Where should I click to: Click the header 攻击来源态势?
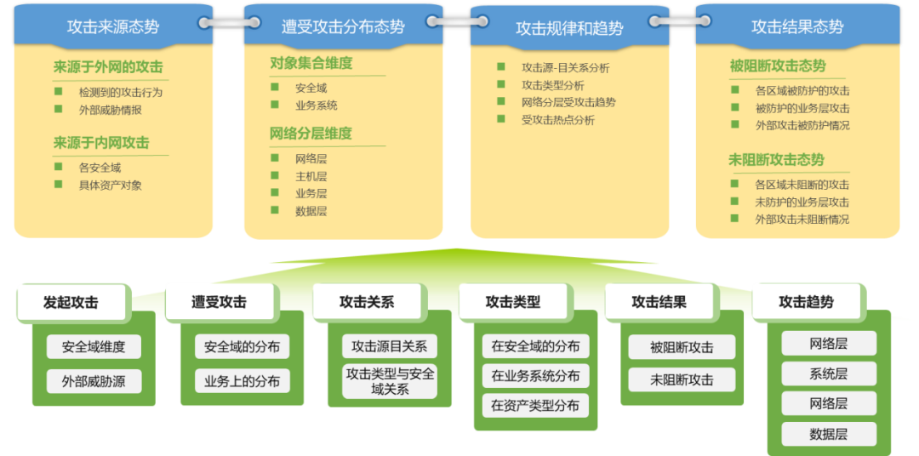coord(112,26)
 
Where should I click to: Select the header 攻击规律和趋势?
coord(569,28)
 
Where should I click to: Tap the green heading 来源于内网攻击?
coord(101,143)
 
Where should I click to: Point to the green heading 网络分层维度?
coord(311,134)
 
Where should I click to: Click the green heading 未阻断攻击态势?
coord(776,160)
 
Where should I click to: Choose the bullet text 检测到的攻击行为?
coord(120,92)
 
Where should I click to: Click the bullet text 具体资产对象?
coord(110,185)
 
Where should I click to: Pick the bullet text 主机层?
coord(311,176)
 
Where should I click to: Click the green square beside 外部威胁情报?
coord(58,109)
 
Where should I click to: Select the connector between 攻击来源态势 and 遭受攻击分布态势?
coord(227,21)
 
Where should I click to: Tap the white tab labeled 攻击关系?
coord(367,302)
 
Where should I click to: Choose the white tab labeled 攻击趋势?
coord(806,302)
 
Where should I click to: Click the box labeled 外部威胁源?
coord(94,381)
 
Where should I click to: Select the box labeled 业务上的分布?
coord(242,381)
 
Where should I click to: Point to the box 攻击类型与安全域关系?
coord(390,381)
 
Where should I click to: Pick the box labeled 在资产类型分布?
coord(535,406)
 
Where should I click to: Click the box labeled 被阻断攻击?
coord(682,347)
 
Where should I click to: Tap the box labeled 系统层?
coord(828,373)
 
